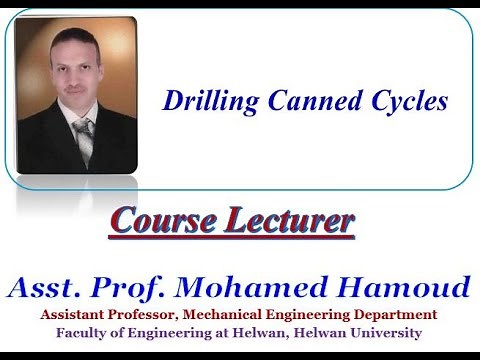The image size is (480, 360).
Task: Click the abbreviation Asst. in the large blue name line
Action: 50,289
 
